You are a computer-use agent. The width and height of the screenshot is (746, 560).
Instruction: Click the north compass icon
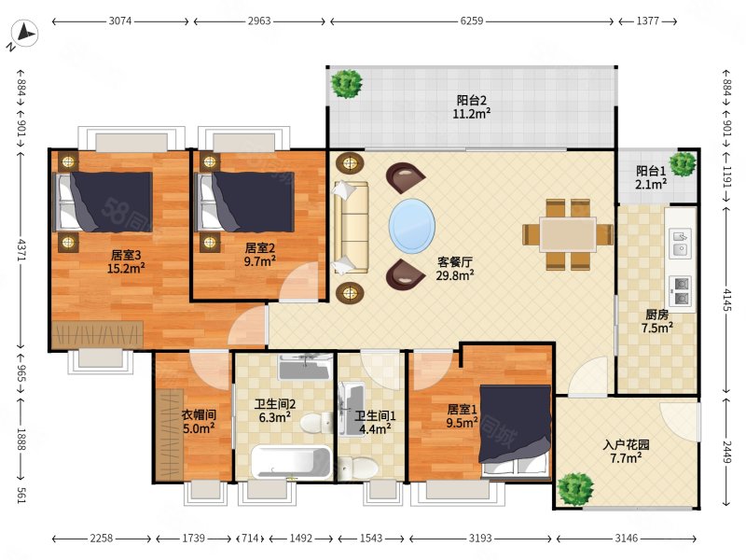pyautogui.click(x=24, y=35)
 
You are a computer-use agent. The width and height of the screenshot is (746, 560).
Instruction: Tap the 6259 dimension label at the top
pyautogui.click(x=472, y=21)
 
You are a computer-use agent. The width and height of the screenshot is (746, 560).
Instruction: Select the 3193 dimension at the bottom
pyautogui.click(x=480, y=539)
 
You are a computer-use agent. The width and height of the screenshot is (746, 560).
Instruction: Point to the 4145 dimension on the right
pyautogui.click(x=726, y=300)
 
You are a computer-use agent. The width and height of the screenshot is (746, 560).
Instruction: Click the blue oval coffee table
pyautogui.click(x=412, y=226)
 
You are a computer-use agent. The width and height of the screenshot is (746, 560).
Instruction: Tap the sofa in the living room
pyautogui.click(x=351, y=228)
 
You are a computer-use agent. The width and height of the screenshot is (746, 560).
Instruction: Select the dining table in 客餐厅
pyautogui.click(x=568, y=235)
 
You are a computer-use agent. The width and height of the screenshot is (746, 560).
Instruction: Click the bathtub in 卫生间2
pyautogui.click(x=291, y=462)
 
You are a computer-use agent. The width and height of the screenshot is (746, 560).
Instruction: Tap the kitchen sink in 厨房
pyautogui.click(x=681, y=244)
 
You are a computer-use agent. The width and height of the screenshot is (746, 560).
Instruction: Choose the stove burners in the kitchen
pyautogui.click(x=681, y=291)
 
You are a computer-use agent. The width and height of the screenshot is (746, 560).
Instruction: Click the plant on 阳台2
pyautogui.click(x=347, y=84)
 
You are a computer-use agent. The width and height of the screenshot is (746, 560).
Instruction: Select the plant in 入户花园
pyautogui.click(x=575, y=489)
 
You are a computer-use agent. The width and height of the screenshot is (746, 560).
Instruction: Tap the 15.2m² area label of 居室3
pyautogui.click(x=126, y=269)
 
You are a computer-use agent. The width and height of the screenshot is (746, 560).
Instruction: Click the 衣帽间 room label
pyautogui.click(x=199, y=414)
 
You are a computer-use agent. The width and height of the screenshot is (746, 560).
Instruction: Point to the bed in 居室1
pyautogui.click(x=516, y=431)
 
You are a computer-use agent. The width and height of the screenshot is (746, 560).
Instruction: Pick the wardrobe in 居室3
pyautogui.click(x=98, y=335)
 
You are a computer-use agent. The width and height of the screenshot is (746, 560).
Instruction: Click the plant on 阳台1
pyautogui.click(x=684, y=164)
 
